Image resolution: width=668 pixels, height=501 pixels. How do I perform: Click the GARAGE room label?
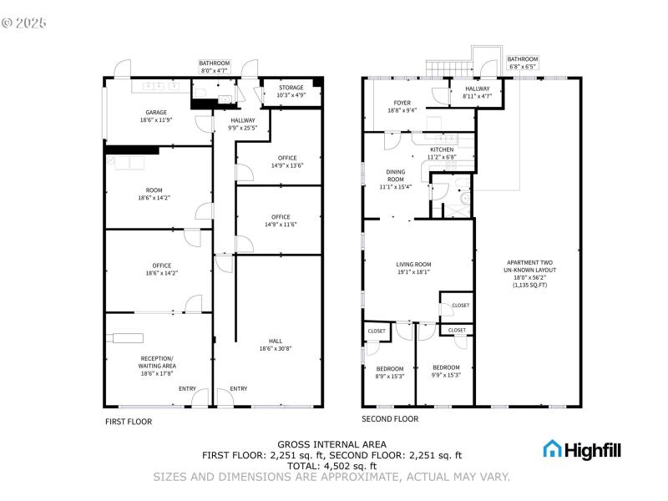click(156, 113)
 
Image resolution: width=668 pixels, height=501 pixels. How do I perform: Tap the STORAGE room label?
click(291, 88)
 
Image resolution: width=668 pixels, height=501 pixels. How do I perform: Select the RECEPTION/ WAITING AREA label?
click(157, 362)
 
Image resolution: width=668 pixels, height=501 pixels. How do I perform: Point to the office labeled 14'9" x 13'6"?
click(287, 158)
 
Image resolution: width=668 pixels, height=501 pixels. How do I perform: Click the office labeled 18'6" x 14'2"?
click(161, 266)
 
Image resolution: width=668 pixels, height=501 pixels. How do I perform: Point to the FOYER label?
click(402, 103)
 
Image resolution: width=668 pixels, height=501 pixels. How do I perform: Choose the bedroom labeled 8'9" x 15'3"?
click(389, 369)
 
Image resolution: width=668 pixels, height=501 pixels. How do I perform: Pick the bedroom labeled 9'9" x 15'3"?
click(446, 367)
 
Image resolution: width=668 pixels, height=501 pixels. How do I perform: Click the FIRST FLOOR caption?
click(128, 422)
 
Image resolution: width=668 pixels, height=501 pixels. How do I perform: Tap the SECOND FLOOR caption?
click(389, 419)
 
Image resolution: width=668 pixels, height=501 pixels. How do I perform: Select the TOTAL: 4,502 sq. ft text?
click(331, 466)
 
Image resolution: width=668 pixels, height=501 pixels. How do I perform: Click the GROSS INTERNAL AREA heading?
click(331, 444)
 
